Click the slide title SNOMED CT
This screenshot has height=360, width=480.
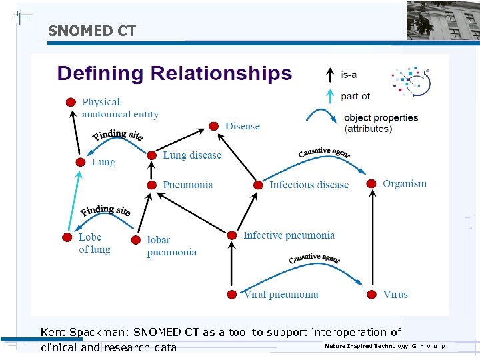tap(92, 31)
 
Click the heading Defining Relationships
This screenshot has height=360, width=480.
tap(175, 73)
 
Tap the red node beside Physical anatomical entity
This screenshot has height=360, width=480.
tap(70, 102)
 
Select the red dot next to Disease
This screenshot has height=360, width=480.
tap(213, 126)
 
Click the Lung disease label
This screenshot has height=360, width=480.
tap(192, 155)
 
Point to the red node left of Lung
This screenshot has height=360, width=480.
tap(80, 162)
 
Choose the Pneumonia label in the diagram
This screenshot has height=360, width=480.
tap(188, 185)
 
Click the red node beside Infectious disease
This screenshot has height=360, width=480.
tap(258, 185)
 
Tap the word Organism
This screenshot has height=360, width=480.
tap(405, 183)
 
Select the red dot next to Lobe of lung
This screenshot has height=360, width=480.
tap(66, 237)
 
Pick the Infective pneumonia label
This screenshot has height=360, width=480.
tap(289, 235)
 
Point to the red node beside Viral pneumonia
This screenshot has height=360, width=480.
tap(231, 294)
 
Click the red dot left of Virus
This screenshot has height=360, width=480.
tap(371, 294)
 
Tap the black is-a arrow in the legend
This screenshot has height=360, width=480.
tap(329, 75)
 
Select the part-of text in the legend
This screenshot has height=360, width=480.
tap(355, 96)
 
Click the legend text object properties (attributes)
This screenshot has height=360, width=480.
tap(381, 123)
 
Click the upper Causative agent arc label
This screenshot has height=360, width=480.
tap(324, 153)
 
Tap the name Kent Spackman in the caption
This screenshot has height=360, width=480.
tap(85, 332)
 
